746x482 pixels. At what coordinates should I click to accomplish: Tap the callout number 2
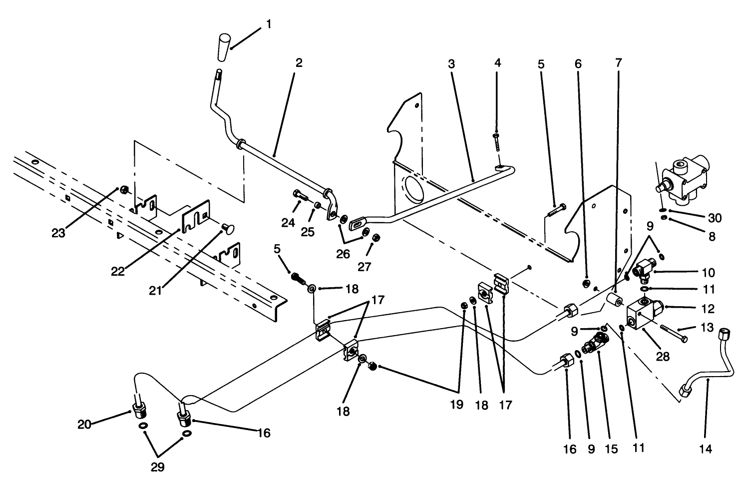[x=299, y=63]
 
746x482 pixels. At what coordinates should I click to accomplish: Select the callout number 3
[x=451, y=64]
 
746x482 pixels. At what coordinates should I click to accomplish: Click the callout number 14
[x=706, y=449]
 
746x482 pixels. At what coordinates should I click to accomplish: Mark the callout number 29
[x=157, y=468]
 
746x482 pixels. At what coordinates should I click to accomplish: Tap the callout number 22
[x=118, y=272]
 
